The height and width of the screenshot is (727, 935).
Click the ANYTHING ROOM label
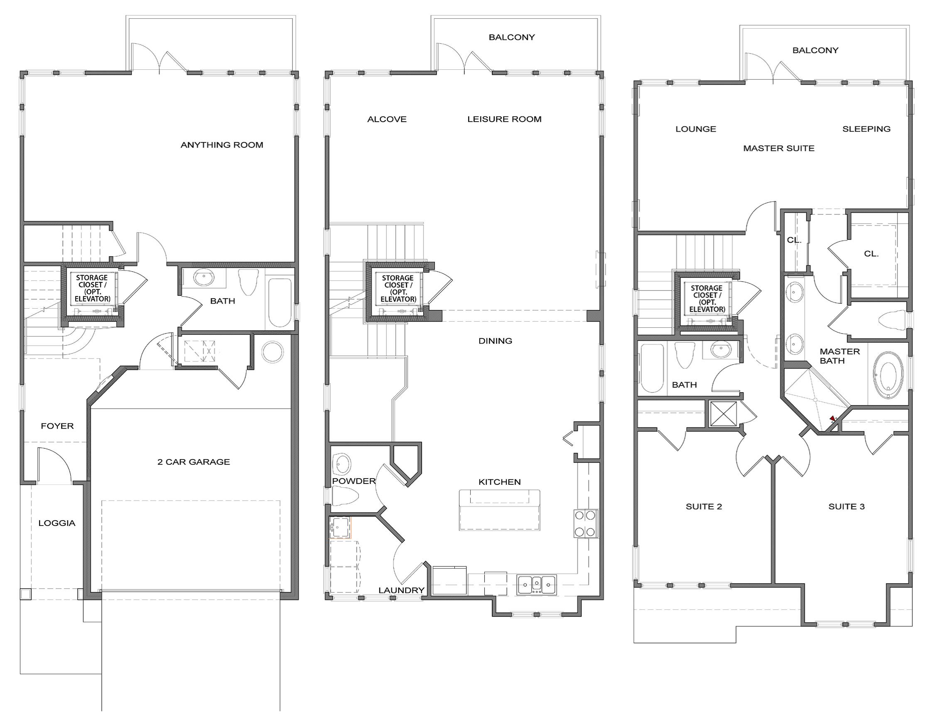click(222, 145)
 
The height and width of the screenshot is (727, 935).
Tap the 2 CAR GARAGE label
click(194, 462)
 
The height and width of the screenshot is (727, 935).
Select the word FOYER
click(57, 425)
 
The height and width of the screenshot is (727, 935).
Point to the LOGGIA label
click(56, 523)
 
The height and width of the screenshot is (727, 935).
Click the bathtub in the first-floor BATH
click(280, 302)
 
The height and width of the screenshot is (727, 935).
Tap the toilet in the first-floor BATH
click(249, 281)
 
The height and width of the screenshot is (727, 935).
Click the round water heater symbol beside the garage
click(272, 352)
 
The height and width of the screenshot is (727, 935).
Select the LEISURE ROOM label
click(504, 119)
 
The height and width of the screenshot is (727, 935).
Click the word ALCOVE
click(387, 119)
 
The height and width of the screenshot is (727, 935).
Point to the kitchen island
click(499, 511)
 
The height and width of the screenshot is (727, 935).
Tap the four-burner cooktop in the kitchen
click(586, 523)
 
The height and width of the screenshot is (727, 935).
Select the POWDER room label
click(353, 481)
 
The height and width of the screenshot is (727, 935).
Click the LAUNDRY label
click(401, 590)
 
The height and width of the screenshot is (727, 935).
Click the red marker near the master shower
click(832, 418)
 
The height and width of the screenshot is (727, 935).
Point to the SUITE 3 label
click(847, 506)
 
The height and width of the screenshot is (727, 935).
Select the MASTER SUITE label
click(778, 148)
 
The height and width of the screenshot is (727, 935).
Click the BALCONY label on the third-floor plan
click(815, 50)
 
